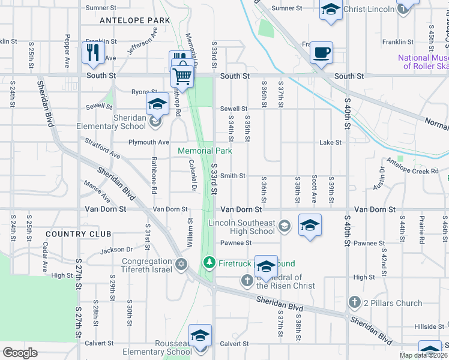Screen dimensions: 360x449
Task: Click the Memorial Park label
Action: (x=205, y=151)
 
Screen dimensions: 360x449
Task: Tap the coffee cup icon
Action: (x=321, y=52)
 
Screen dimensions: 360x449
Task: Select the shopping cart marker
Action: (x=182, y=76)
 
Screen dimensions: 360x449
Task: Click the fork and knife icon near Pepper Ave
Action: (x=93, y=52)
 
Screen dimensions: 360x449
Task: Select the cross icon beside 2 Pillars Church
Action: (x=354, y=302)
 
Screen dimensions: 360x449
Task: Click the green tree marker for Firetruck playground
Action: (x=209, y=263)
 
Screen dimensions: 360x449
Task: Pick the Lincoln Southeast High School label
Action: (x=241, y=227)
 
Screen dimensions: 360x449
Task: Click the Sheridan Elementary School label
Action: (x=111, y=122)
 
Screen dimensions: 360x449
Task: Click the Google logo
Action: (x=20, y=353)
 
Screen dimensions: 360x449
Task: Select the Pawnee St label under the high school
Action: (x=235, y=243)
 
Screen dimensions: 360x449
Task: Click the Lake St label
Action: (x=330, y=143)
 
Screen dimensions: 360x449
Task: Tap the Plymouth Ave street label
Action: (x=149, y=143)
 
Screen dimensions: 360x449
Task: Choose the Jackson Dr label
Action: (x=116, y=250)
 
